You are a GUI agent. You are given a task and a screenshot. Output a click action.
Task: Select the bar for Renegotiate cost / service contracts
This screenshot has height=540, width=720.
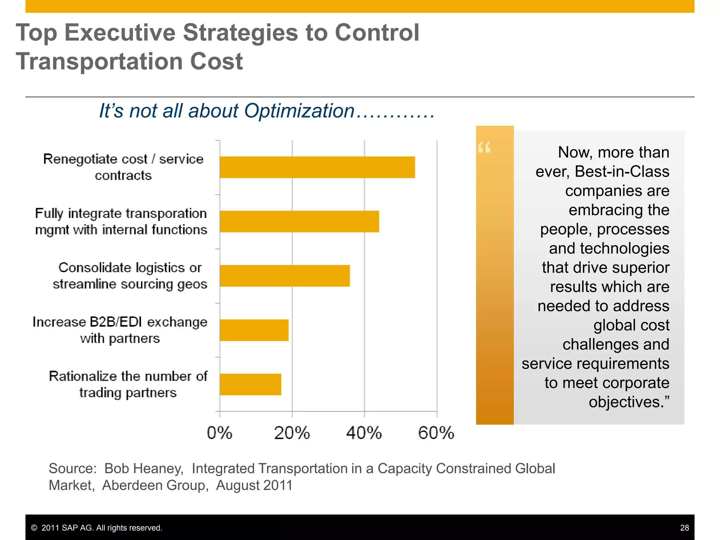click(x=317, y=167)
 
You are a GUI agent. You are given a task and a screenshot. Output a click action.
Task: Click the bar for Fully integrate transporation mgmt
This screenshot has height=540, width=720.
click(x=299, y=221)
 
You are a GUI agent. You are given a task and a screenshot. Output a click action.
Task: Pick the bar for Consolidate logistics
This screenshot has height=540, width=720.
click(x=284, y=276)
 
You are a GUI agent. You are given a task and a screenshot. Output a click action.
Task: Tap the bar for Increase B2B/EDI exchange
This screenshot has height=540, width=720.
click(x=254, y=330)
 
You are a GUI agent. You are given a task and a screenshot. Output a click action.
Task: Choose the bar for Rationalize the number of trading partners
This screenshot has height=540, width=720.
click(x=250, y=384)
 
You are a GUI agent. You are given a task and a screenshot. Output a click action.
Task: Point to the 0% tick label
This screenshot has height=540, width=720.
click(x=219, y=433)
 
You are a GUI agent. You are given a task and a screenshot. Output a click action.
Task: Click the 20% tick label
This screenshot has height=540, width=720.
click(x=292, y=433)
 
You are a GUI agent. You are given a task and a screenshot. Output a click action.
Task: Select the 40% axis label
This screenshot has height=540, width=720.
click(x=364, y=433)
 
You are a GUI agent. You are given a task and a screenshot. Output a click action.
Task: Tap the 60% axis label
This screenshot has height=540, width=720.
click(x=436, y=433)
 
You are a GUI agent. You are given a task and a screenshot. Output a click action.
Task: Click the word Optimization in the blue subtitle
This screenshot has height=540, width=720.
click(x=299, y=111)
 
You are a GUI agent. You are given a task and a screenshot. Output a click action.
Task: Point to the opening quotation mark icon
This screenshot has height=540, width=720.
click(x=484, y=148)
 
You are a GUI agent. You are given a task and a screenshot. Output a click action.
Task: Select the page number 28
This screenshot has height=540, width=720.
click(x=684, y=528)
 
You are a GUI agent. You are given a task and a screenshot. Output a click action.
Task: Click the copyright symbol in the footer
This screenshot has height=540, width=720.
click(x=34, y=528)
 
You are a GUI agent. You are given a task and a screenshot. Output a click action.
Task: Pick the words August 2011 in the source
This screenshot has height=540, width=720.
click(x=254, y=486)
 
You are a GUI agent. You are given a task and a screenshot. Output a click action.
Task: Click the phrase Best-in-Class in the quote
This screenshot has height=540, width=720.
click(x=622, y=172)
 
